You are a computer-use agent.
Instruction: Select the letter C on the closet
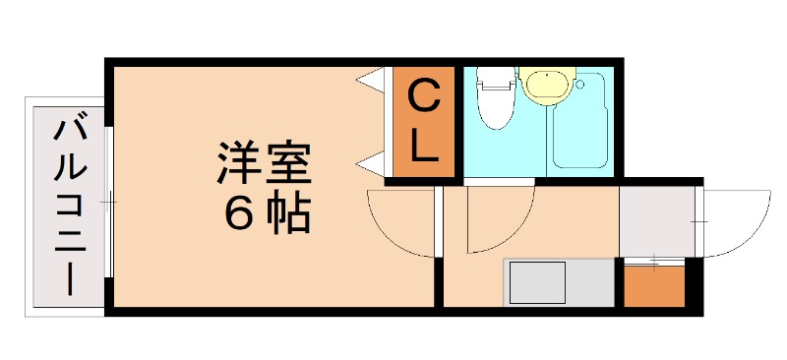[x=423, y=98]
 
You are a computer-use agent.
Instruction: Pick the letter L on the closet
[x=424, y=147]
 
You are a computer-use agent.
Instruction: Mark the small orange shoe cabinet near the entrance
[x=654, y=286]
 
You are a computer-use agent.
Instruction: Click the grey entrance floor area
[x=656, y=220]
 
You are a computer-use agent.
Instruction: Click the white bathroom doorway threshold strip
[x=499, y=182]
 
